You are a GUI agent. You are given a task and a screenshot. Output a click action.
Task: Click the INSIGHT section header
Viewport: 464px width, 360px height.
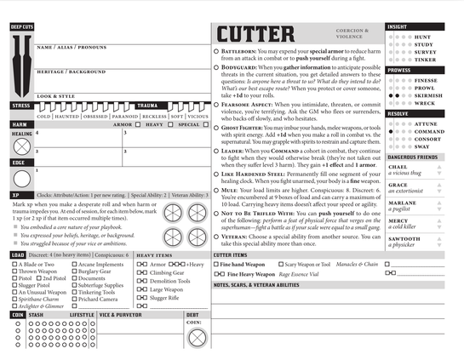pos(398,26)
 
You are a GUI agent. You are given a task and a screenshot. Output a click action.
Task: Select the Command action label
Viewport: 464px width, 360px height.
pos(429,132)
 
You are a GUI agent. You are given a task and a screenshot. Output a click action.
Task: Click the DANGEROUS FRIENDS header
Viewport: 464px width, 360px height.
pos(412,157)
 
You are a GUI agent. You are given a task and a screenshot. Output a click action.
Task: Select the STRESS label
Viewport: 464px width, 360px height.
pos(20,106)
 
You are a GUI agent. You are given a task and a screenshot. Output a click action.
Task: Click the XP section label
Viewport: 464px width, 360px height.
pos(16,195)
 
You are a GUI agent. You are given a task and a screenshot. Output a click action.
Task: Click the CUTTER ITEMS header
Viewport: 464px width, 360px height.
pos(231,254)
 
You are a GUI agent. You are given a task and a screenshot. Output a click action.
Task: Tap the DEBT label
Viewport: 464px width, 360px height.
pos(192,314)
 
